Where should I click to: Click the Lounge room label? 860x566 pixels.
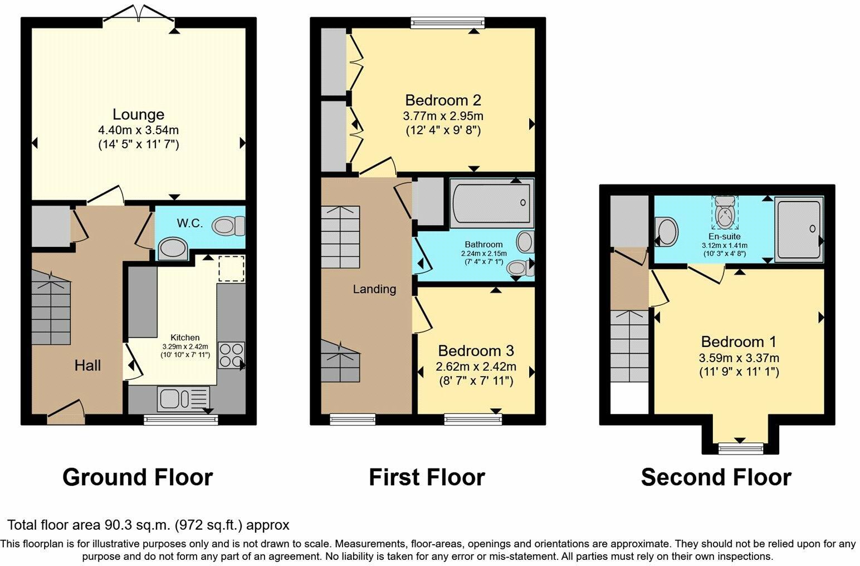click(x=138, y=115)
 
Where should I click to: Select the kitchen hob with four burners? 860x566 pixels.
click(x=231, y=355)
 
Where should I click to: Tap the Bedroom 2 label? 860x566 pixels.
click(x=443, y=101)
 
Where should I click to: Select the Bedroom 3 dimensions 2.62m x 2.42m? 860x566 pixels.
click(x=476, y=367)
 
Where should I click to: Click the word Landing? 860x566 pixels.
click(x=374, y=289)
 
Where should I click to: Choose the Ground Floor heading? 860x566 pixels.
click(x=138, y=477)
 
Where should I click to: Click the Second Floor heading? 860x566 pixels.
click(x=716, y=477)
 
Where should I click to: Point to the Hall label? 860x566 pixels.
click(x=88, y=365)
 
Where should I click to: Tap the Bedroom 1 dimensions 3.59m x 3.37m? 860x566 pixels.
click(x=739, y=358)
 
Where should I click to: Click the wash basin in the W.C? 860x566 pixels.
click(x=173, y=249)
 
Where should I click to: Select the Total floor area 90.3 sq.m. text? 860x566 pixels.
click(x=148, y=525)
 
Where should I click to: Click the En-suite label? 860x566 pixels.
click(x=724, y=236)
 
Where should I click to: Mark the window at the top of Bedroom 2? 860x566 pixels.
click(x=447, y=23)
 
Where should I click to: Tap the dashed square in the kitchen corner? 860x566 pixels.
click(x=231, y=269)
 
